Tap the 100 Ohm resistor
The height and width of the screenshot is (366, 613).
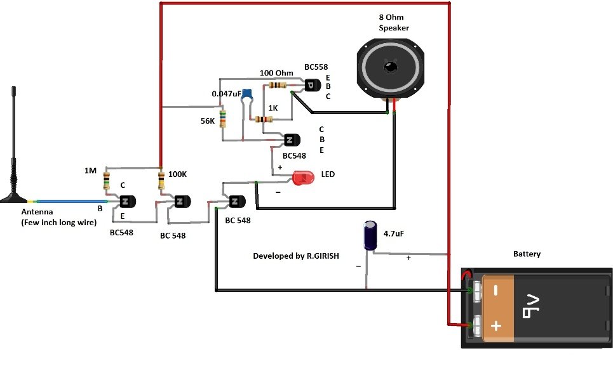[x=278, y=85]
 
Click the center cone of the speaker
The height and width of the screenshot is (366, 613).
[x=389, y=68]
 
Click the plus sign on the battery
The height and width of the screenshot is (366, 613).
[x=496, y=326]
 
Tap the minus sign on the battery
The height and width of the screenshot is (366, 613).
[x=496, y=291]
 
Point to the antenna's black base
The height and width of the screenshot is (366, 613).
[x=14, y=193]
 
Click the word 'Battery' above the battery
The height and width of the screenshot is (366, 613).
[x=527, y=254]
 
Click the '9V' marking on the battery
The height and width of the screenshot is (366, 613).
[x=529, y=307]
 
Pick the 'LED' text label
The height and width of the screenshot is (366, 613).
[x=328, y=174]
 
